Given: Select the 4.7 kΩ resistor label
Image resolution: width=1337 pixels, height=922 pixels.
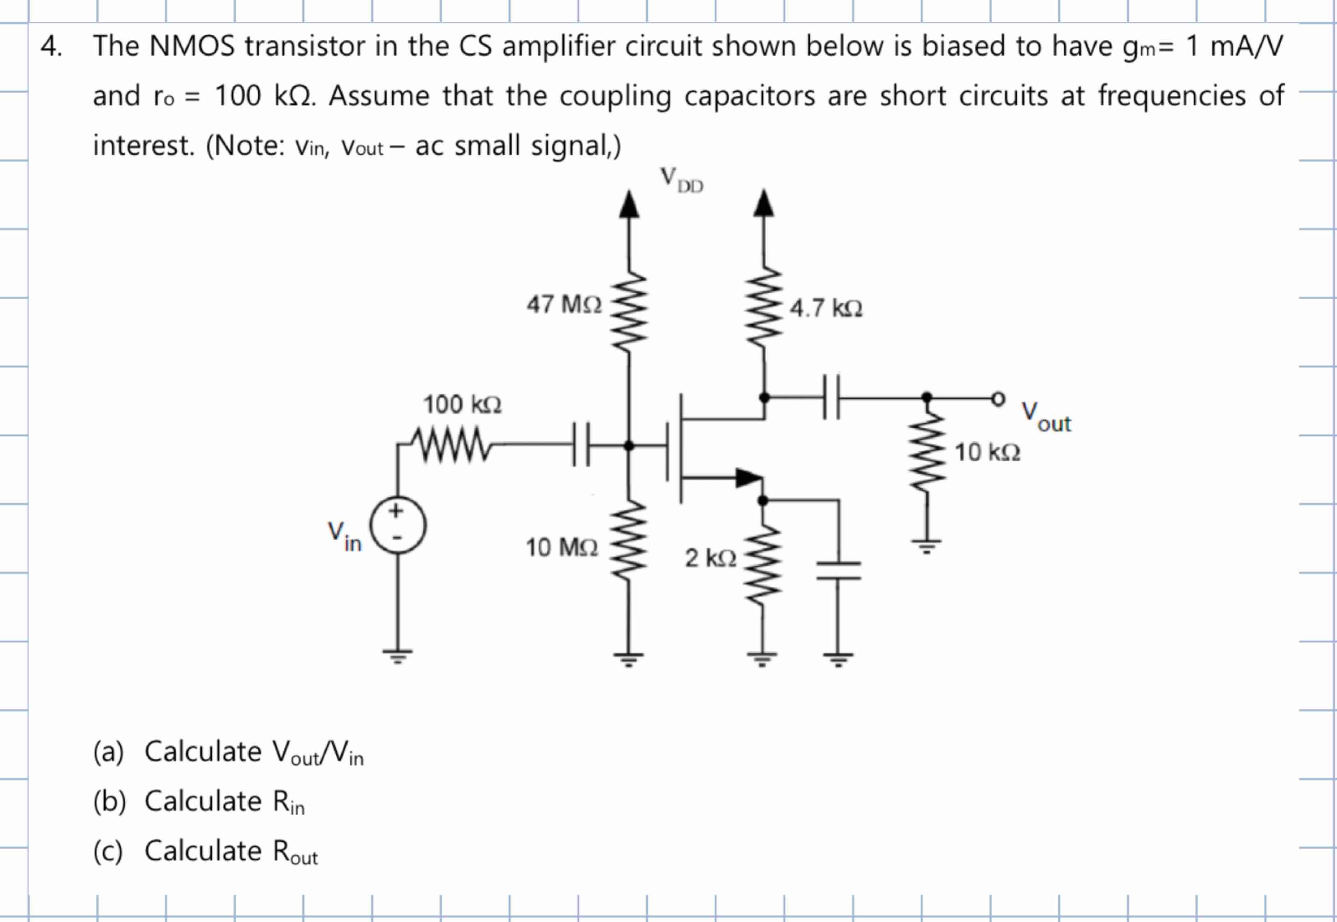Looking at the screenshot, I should pos(826,309).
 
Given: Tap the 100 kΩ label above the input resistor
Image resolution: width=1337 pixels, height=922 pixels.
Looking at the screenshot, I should pos(462,404).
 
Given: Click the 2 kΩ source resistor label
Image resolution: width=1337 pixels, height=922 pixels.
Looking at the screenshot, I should pos(710,558).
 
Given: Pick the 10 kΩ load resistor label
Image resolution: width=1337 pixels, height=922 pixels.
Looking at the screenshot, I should pos(987,452).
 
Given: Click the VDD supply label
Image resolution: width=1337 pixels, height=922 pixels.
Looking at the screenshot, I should pos(681,179).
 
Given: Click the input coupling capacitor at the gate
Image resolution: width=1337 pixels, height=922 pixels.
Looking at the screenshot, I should pos(581,445).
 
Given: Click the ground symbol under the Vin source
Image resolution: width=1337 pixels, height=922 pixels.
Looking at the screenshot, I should pos(397,655).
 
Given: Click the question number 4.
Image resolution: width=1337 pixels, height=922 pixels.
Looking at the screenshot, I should pos(51,46).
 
